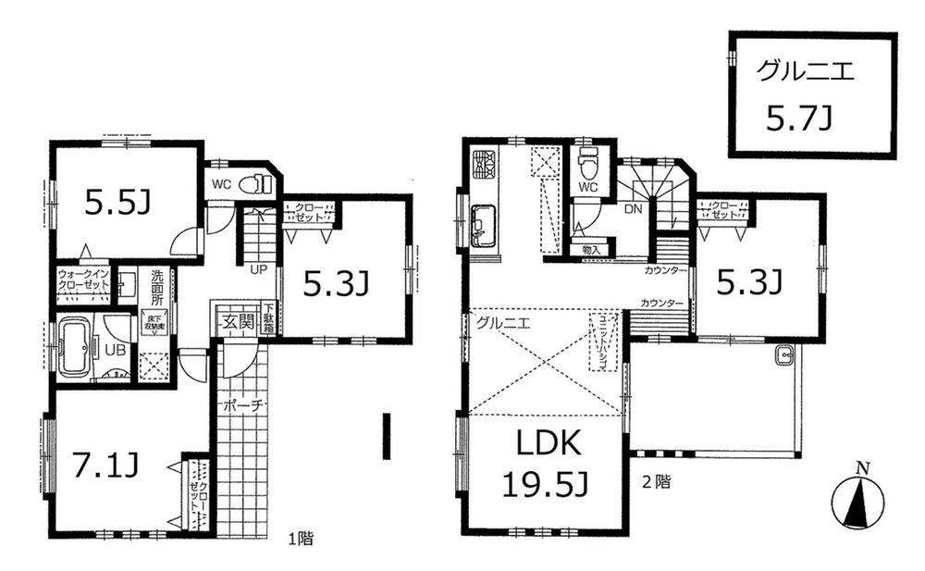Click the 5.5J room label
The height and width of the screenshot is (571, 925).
[x=117, y=203]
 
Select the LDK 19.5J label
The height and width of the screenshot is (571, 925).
[x=543, y=464]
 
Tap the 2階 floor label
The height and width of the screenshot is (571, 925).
[x=659, y=481]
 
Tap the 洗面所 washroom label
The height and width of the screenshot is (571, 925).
[x=157, y=287]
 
